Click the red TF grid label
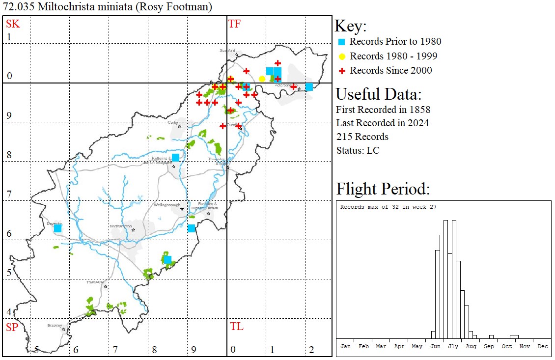coord(234,24)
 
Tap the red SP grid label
coord(12,327)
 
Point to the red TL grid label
coord(236,327)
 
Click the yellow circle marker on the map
coord(262,79)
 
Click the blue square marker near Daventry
coord(57,228)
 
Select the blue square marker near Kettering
coord(175,158)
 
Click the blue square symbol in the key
coord(342,42)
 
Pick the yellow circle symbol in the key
coord(342,56)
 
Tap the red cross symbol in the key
coord(342,71)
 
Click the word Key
coord(351,27)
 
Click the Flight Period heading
coord(383,189)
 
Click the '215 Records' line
coord(362,137)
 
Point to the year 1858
coord(419,109)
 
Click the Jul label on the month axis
coord(453,346)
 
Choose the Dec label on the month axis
coord(542,346)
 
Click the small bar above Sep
coord(491,336)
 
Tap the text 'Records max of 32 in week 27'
coord(388,207)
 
